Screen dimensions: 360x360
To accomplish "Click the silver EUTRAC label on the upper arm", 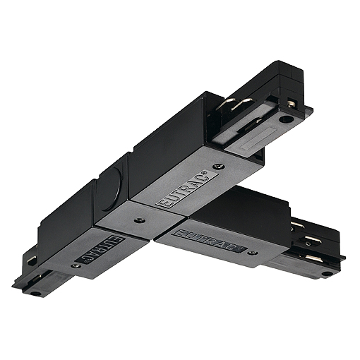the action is [x=187, y=189].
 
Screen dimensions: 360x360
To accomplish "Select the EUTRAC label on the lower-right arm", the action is [x=210, y=241].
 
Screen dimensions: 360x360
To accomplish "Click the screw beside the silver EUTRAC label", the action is [x=218, y=167].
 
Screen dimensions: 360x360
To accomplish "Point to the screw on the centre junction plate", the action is [x=140, y=220].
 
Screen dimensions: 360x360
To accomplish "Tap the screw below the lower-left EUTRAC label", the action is [x=76, y=266].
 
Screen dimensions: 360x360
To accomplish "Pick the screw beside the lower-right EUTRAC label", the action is [x=253, y=253].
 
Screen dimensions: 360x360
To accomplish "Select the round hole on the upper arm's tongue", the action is [x=287, y=119].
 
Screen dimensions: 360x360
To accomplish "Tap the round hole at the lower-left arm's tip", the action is [x=35, y=294].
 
